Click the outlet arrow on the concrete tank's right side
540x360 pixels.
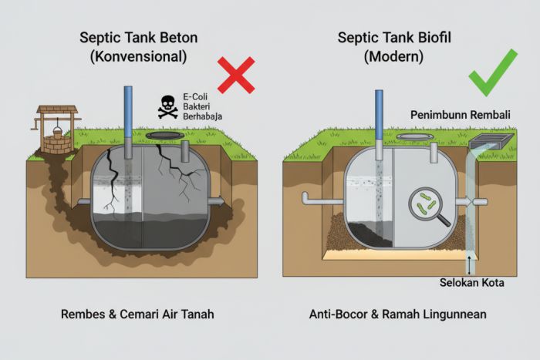coord(219,202)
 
